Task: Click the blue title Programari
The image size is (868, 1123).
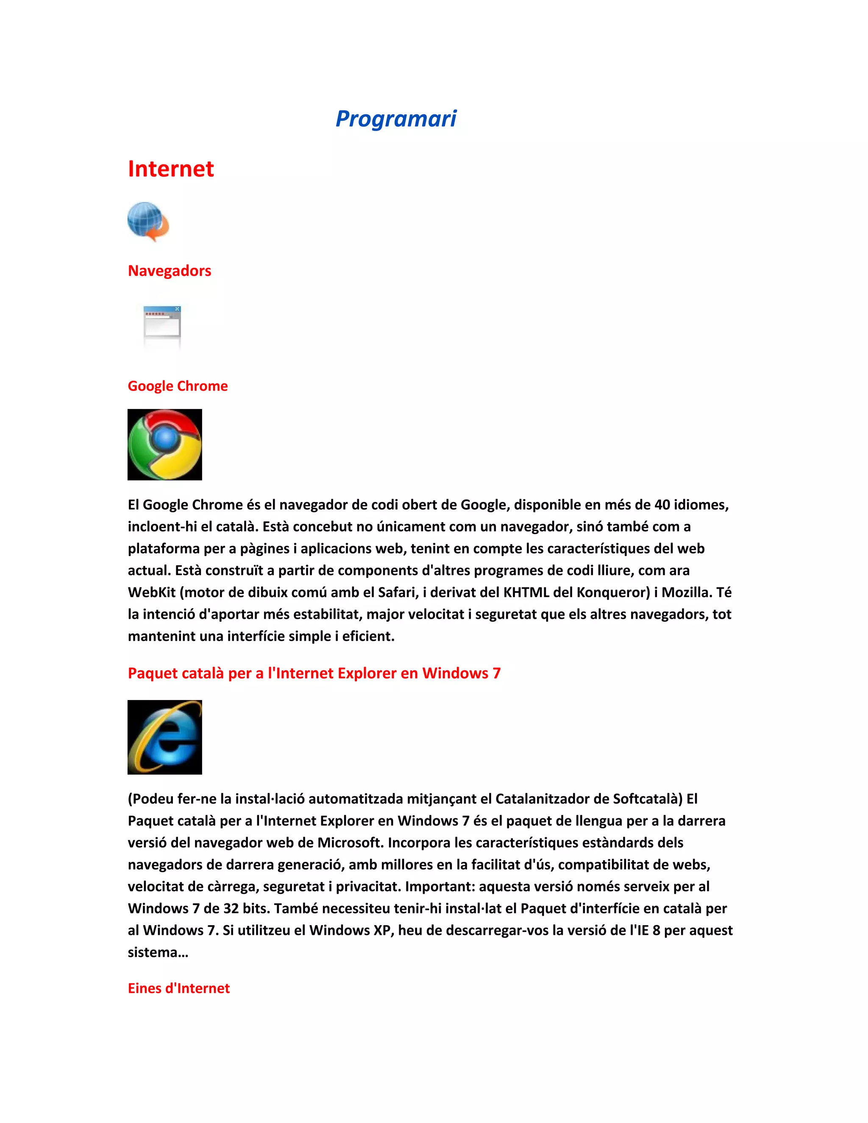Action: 395,119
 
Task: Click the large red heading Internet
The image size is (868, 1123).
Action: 171,169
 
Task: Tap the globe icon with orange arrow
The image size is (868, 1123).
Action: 147,222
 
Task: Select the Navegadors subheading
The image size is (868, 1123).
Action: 169,270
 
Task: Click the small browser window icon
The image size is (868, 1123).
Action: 162,322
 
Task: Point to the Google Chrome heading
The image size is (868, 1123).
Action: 178,386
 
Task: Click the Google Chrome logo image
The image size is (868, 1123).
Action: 164,445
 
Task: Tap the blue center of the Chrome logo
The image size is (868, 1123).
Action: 165,438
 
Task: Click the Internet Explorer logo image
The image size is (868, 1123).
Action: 164,737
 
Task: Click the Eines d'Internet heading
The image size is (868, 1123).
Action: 178,988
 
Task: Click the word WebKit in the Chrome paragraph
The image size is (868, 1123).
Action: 152,592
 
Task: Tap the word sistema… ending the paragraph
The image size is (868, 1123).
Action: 158,952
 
